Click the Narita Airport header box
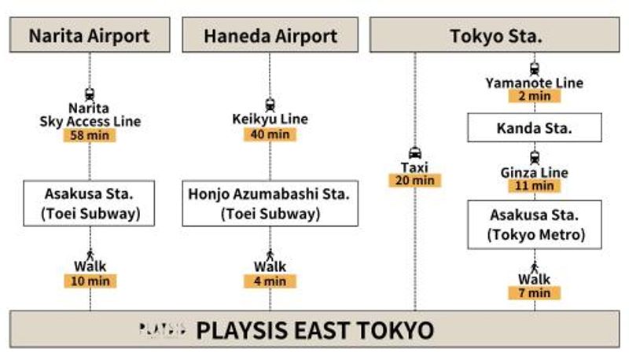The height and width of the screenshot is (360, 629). point(90,35)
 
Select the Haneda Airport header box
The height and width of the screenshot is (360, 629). point(270,35)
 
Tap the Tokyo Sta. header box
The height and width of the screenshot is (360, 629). point(495,35)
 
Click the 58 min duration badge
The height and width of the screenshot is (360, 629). point(90,135)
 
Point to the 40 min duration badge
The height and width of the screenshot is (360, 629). point(270,134)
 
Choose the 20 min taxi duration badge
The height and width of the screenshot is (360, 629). point(415,181)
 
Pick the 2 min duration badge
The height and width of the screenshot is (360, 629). point(535,96)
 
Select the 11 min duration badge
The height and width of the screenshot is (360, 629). point(535,186)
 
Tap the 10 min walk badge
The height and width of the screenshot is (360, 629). point(90,281)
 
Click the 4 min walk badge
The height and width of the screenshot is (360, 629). point(270,281)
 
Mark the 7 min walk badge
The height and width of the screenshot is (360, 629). point(535,293)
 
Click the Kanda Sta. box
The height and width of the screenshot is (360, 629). point(535,128)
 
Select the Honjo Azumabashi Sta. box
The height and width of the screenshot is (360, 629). point(270,204)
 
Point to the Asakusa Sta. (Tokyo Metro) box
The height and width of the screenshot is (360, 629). point(535,225)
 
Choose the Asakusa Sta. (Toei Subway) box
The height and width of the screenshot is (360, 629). point(89,204)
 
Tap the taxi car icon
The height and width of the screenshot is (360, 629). point(415,153)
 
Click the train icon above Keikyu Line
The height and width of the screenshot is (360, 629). point(270,105)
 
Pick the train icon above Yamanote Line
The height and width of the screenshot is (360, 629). point(535,69)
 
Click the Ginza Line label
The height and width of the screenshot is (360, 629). point(535,173)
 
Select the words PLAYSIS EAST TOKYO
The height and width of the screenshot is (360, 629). point(315,330)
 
